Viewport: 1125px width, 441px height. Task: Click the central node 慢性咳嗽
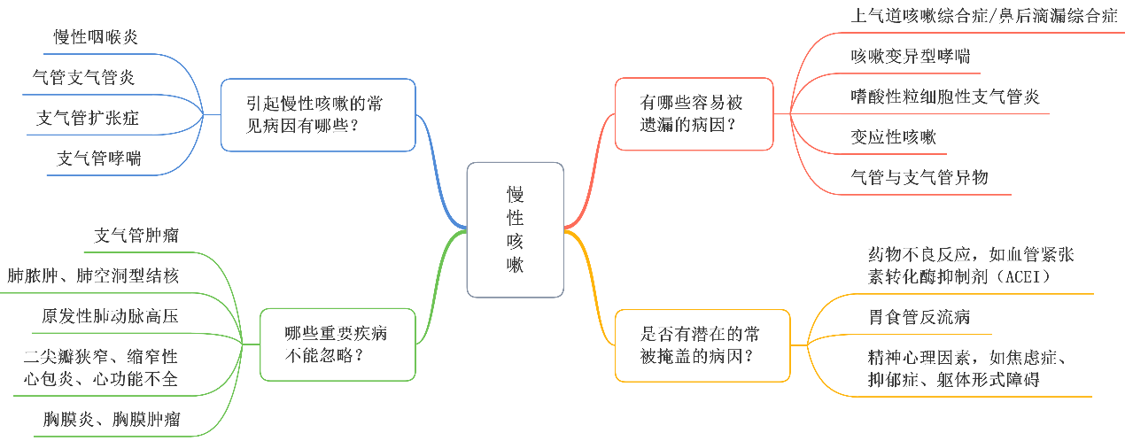pyautogui.click(x=515, y=229)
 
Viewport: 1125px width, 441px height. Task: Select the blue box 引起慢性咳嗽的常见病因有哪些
pyautogui.click(x=318, y=114)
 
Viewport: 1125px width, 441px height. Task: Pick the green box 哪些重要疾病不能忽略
pyautogui.click(x=337, y=344)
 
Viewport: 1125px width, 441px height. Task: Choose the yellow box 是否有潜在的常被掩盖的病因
pyautogui.click(x=702, y=344)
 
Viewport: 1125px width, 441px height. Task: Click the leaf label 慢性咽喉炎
pyautogui.click(x=96, y=37)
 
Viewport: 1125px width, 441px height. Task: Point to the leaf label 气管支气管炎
pyautogui.click(x=83, y=77)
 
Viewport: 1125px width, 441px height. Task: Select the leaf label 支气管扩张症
pyautogui.click(x=88, y=118)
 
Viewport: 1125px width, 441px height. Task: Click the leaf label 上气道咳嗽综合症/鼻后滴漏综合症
pyautogui.click(x=983, y=17)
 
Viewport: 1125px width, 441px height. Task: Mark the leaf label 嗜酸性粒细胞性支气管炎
pyautogui.click(x=944, y=97)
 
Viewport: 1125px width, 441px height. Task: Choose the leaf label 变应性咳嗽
pyautogui.click(x=893, y=137)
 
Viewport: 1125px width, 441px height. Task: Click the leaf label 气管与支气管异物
pyautogui.click(x=919, y=177)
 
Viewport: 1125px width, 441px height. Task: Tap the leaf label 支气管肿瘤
pyautogui.click(x=136, y=236)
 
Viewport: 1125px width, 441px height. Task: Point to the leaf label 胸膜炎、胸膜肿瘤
pyautogui.click(x=112, y=420)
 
